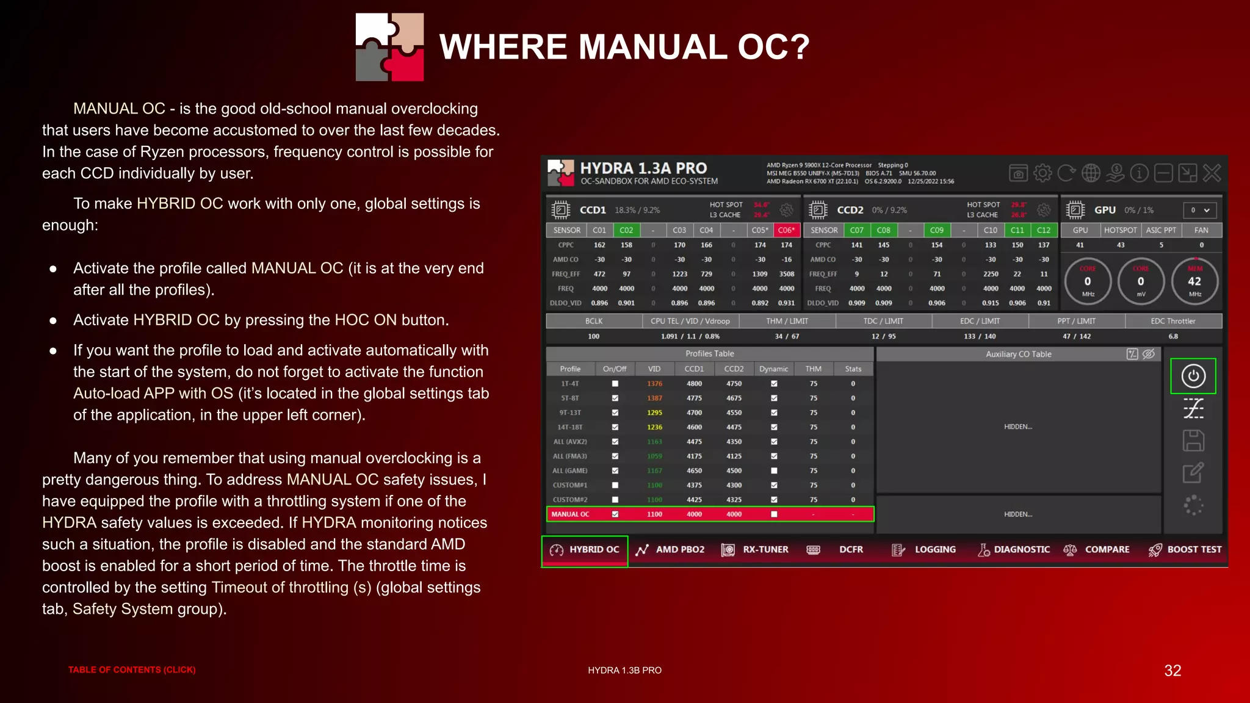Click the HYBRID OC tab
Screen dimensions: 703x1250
pyautogui.click(x=585, y=550)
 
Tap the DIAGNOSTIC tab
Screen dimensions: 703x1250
pyautogui.click(x=1014, y=550)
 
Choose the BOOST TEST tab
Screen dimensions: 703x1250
pyautogui.click(x=1185, y=550)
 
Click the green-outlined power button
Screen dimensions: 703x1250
pyautogui.click(x=1193, y=376)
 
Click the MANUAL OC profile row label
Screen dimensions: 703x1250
pyautogui.click(x=570, y=514)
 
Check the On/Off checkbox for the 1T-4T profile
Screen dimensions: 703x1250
pyautogui.click(x=615, y=384)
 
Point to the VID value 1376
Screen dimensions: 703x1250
pyautogui.click(x=654, y=384)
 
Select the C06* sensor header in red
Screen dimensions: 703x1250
pyautogui.click(x=786, y=230)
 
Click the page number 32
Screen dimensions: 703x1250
pyautogui.click(x=1172, y=671)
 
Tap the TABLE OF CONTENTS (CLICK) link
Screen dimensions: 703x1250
pyautogui.click(x=132, y=670)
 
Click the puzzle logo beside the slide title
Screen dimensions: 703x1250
pyautogui.click(x=389, y=47)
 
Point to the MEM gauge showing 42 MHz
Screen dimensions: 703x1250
pyautogui.click(x=1194, y=281)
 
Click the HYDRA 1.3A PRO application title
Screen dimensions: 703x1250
pyautogui.click(x=643, y=168)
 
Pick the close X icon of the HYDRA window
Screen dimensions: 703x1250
pyautogui.click(x=1212, y=173)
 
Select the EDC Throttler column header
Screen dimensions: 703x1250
pyautogui.click(x=1173, y=321)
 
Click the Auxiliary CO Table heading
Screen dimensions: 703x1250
pyautogui.click(x=1018, y=354)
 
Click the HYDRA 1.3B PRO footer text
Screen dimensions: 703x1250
pyautogui.click(x=624, y=670)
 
